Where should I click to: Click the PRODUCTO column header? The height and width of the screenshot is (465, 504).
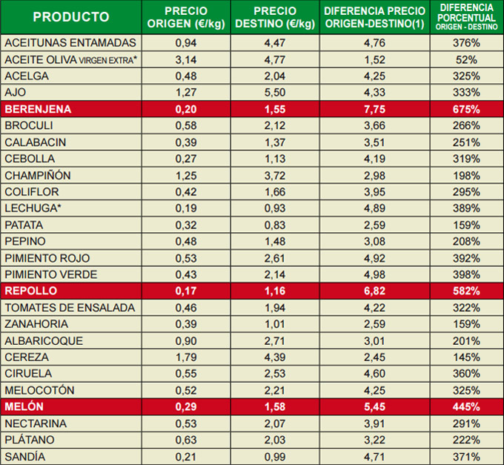[71, 17]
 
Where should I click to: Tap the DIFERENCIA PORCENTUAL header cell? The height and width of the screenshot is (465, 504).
[467, 17]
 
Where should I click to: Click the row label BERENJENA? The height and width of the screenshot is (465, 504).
[38, 109]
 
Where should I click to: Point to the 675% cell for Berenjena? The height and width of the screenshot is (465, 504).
[467, 109]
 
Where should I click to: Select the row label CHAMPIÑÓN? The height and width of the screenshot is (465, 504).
[38, 175]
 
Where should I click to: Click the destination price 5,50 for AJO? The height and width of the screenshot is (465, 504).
[274, 93]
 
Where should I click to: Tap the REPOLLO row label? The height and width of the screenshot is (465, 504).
[31, 291]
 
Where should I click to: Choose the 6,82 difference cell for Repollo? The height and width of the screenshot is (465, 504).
[375, 291]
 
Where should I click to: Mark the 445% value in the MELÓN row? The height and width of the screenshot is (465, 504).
[467, 406]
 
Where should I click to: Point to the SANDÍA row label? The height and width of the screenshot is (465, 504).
[25, 456]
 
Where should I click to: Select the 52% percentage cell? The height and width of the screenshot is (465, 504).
[467, 59]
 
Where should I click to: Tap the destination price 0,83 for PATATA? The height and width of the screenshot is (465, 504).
[274, 225]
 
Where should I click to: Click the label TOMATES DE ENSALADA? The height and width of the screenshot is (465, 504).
[70, 307]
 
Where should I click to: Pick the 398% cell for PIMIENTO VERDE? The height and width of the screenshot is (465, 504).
[467, 274]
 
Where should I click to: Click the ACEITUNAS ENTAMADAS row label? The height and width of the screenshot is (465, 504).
[70, 43]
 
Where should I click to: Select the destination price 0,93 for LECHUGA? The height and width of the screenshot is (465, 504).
[274, 208]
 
